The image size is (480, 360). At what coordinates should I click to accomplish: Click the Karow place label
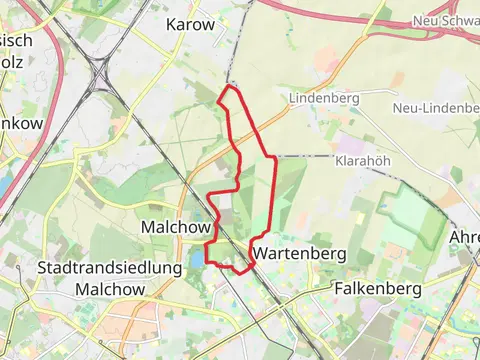[x=190, y=24]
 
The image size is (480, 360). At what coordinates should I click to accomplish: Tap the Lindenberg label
[x=324, y=99]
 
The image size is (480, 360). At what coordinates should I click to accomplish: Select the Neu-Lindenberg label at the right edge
[x=436, y=108]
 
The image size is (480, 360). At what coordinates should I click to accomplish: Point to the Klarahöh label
[x=362, y=160]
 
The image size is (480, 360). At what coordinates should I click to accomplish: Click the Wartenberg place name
[x=299, y=254]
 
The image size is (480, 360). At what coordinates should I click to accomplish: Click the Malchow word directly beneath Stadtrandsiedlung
[x=110, y=289]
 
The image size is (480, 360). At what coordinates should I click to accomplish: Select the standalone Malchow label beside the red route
[x=174, y=226]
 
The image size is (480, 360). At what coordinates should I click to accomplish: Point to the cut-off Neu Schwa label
[x=445, y=21]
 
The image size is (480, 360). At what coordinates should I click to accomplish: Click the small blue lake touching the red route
[x=196, y=257]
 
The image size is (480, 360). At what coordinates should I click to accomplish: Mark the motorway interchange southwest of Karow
[x=100, y=75]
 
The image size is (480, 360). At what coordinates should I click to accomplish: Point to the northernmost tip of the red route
[x=230, y=88]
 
